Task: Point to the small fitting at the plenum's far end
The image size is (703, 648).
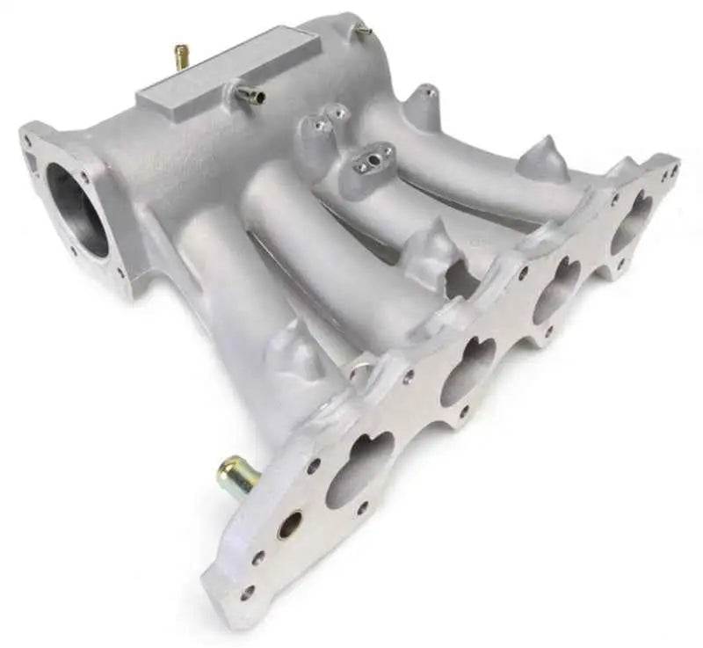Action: coord(363,31)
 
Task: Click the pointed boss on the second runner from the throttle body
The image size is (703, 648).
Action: coord(431,241)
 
